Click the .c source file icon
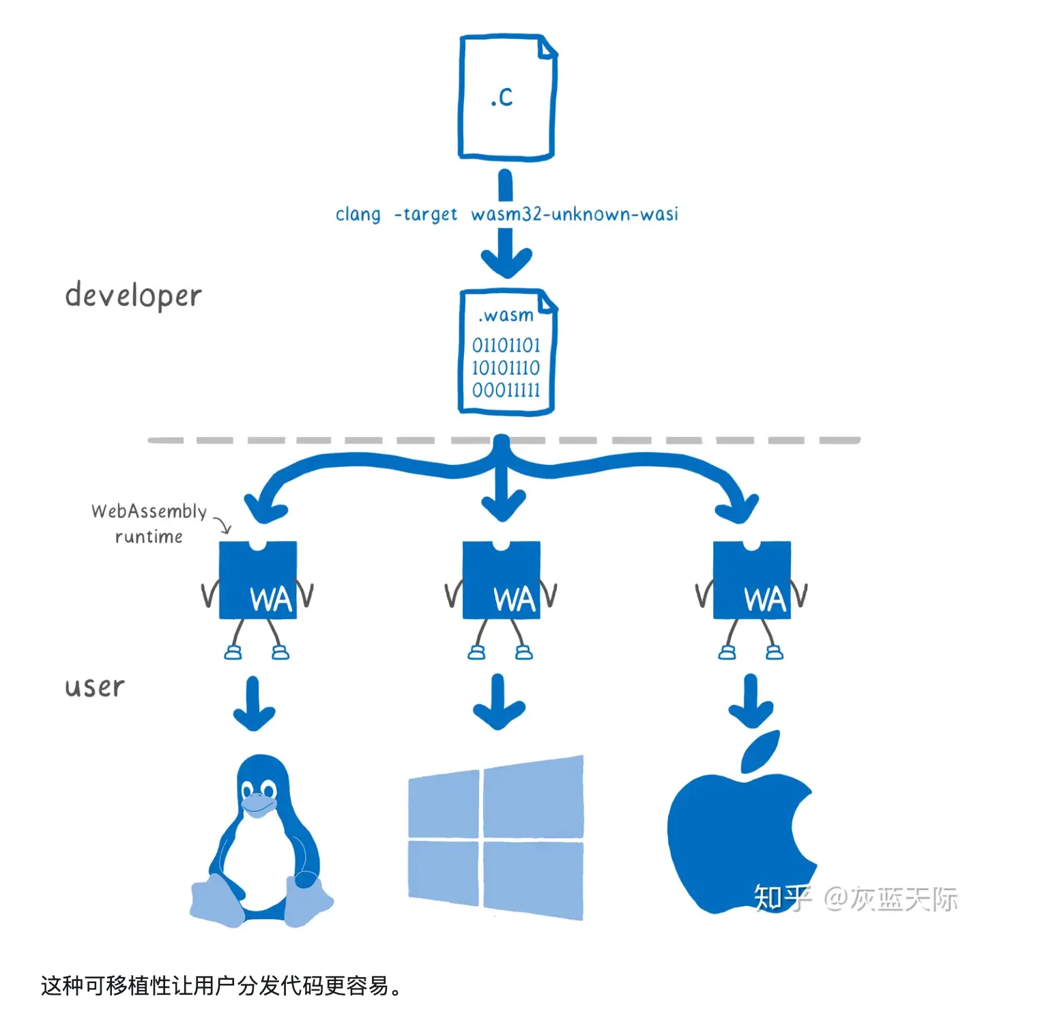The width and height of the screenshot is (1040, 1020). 506,97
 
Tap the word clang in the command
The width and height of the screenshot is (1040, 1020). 358,214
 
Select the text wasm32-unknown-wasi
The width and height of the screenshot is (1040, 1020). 575,214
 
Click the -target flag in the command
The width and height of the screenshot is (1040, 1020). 426,214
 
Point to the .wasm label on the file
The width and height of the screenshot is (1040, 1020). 506,315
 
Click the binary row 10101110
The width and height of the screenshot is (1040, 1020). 506,368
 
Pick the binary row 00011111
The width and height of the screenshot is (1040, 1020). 506,391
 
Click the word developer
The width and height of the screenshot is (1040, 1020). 133,296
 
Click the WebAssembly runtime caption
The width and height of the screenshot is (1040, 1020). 149,524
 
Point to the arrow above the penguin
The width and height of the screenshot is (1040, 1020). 254,703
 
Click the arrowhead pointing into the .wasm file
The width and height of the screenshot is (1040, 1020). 506,263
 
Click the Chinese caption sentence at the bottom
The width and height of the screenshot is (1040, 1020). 221,986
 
